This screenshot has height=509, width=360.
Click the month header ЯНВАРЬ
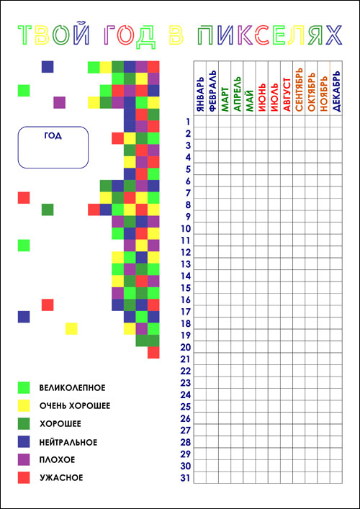click(x=200, y=95)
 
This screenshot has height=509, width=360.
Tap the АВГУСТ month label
click(x=287, y=95)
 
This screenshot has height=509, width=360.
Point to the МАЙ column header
click(x=250, y=102)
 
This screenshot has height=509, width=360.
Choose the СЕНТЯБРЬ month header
click(x=299, y=89)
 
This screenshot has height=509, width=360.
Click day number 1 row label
click(x=188, y=122)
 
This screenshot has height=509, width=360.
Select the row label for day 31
click(x=185, y=478)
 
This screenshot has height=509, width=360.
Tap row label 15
click(x=185, y=288)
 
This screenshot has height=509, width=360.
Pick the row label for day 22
click(x=185, y=371)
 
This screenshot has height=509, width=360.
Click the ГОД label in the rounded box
click(x=53, y=136)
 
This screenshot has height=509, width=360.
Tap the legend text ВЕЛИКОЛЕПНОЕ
click(x=72, y=388)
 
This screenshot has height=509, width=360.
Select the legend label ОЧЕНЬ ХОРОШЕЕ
click(x=75, y=406)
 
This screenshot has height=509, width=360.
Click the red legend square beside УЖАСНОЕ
click(x=24, y=477)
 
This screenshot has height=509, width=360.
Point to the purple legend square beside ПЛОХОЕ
click(x=24, y=459)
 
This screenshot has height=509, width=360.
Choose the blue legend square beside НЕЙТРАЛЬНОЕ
click(x=24, y=442)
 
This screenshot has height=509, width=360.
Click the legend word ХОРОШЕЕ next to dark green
click(x=60, y=424)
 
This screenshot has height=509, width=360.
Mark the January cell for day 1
click(x=200, y=122)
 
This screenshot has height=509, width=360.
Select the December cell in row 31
click(x=336, y=477)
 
